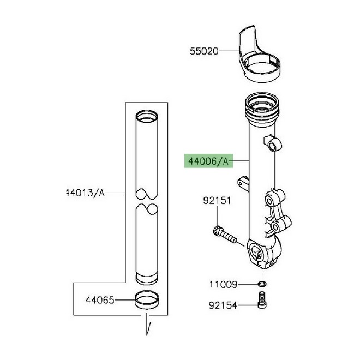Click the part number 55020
tap(204, 52)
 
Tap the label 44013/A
tap(85, 193)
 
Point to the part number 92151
tap(217, 201)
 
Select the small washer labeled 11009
tap(263, 285)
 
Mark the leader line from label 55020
tap(229, 52)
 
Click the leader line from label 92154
tap(247, 306)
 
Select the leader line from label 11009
tap(248, 285)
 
